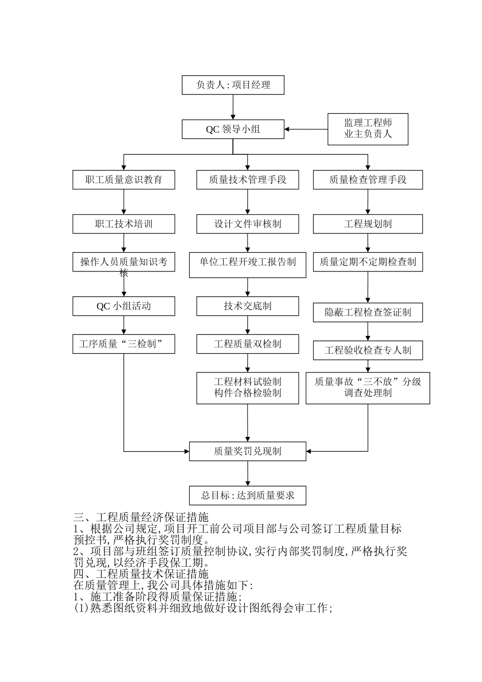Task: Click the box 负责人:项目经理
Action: [233, 85]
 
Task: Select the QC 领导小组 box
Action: [233, 129]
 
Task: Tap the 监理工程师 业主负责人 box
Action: [368, 129]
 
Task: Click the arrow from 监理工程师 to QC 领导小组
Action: [306, 129]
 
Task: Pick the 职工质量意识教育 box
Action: [124, 180]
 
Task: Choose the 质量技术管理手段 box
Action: [248, 180]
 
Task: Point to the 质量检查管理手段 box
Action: [368, 180]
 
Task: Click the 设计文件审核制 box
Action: [248, 224]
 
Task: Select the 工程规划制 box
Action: [368, 224]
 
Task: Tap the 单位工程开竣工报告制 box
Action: [248, 265]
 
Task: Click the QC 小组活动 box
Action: [124, 306]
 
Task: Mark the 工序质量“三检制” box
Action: [124, 344]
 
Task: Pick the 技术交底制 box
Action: [248, 306]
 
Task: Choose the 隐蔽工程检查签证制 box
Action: [368, 313]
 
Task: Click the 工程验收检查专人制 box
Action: [368, 351]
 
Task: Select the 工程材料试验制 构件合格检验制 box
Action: [248, 388]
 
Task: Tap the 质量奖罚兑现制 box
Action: [248, 451]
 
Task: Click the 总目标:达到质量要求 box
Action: [248, 495]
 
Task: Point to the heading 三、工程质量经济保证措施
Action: [141, 518]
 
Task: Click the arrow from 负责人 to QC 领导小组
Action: [233, 107]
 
